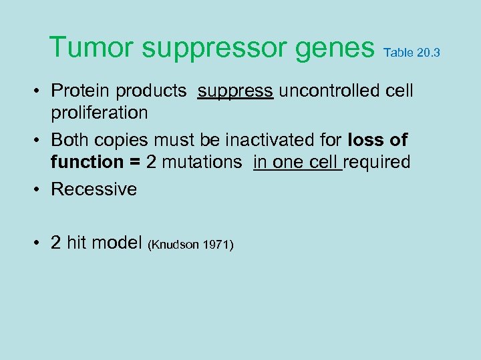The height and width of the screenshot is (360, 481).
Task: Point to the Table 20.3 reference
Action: [x=412, y=53]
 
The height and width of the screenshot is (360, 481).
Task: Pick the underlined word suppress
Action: [x=235, y=91]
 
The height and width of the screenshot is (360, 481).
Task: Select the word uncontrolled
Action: [x=324, y=91]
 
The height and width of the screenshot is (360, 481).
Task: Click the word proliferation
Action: [x=100, y=112]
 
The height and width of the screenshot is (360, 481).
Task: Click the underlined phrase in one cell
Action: [x=297, y=162]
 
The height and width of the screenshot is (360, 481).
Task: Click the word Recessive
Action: [x=94, y=189]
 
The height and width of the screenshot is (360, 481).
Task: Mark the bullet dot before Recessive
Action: [x=40, y=190]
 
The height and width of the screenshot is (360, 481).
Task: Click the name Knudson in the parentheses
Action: [x=177, y=245]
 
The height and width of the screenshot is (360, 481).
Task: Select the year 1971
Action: [x=217, y=245]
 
